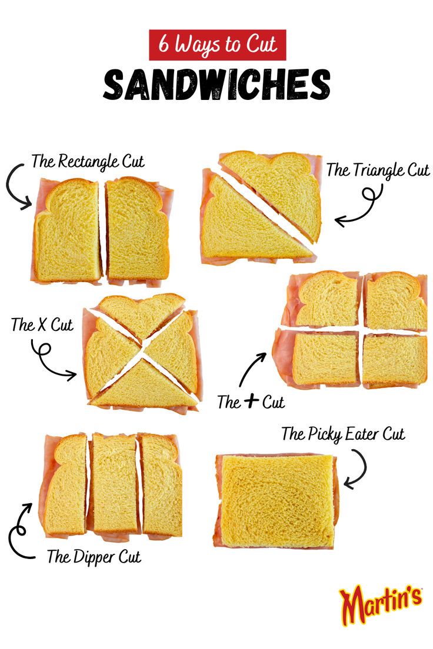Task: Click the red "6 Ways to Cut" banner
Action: [x=217, y=45]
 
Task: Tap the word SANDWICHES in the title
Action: [x=216, y=85]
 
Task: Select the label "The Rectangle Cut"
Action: [x=88, y=162]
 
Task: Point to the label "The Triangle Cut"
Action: [x=378, y=170]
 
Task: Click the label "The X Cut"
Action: [x=42, y=324]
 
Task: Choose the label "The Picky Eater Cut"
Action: [x=343, y=434]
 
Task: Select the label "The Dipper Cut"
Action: [x=94, y=557]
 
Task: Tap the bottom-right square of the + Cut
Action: [x=394, y=360]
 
